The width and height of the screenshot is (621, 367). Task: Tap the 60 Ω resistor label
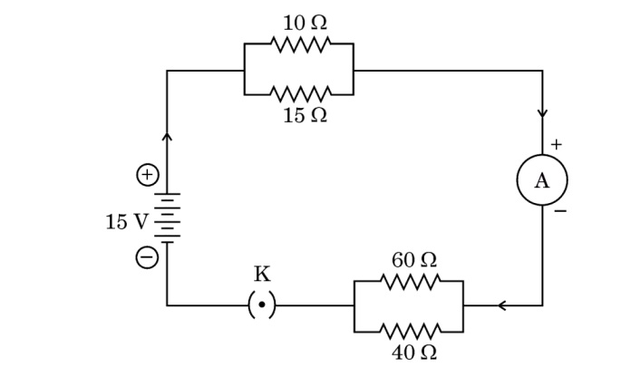click(414, 260)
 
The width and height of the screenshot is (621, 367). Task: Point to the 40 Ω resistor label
click(414, 352)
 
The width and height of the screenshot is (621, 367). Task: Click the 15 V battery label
click(125, 221)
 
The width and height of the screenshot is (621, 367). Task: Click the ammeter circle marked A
click(542, 179)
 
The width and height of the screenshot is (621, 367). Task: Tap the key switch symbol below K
click(262, 305)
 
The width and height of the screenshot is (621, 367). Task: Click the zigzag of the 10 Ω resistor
click(299, 43)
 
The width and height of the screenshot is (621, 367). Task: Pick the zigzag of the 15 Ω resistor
click(299, 92)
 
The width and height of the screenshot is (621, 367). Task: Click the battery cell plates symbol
click(168, 217)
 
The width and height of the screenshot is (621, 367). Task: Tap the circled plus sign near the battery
click(147, 175)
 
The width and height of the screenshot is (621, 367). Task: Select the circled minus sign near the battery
click(147, 258)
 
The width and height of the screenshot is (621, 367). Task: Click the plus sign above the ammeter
click(556, 144)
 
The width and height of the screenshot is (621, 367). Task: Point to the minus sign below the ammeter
click(560, 213)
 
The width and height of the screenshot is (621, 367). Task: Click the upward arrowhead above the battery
click(167, 137)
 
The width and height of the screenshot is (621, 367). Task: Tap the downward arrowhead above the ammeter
click(542, 114)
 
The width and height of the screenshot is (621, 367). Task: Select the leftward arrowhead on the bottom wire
click(501, 305)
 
